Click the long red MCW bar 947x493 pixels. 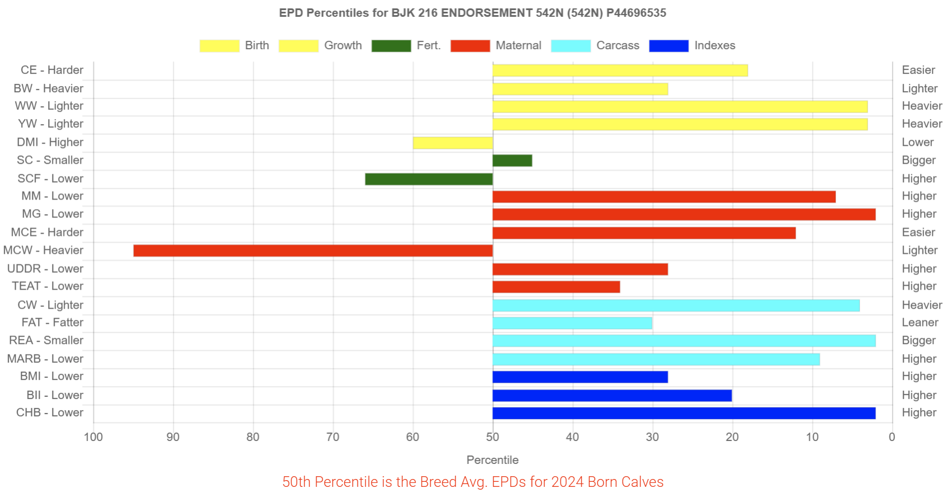tap(313, 250)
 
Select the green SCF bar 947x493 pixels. tap(428, 179)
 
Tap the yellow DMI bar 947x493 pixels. tap(453, 143)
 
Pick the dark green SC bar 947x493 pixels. tap(512, 160)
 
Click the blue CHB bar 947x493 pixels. tap(684, 413)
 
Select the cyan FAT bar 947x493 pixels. tap(572, 323)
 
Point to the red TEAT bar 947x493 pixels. tap(556, 287)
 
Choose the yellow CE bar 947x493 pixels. tap(620, 70)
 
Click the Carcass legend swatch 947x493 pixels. tap(571, 46)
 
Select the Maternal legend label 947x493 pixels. tap(518, 46)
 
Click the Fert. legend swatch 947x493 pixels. tap(391, 46)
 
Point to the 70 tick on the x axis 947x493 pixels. tap(333, 437)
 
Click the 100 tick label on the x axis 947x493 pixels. tap(93, 437)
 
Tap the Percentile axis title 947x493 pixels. tap(492, 460)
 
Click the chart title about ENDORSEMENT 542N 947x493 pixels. tap(473, 13)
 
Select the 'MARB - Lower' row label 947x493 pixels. tap(45, 359)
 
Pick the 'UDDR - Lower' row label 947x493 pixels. tap(45, 269)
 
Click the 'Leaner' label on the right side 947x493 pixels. tap(920, 323)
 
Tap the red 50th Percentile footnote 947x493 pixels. tap(473, 482)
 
